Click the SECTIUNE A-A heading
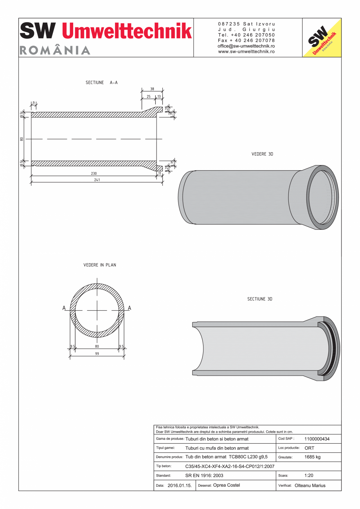click(x=102, y=83)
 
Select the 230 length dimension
click(x=94, y=173)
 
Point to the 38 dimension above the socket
click(x=152, y=89)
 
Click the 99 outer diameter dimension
click(x=97, y=354)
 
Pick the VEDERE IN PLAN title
click(x=100, y=265)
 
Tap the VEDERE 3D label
click(x=262, y=154)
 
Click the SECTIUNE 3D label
click(x=259, y=299)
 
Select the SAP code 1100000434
click(x=317, y=439)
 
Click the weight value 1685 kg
click(x=313, y=457)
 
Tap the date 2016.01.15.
click(x=179, y=486)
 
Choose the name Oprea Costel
click(x=227, y=485)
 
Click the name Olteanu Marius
click(x=310, y=486)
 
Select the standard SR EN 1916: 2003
click(x=204, y=476)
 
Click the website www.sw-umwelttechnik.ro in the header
click(x=246, y=51)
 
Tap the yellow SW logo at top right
click(x=322, y=38)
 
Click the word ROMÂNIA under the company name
click(x=55, y=50)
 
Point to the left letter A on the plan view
click(x=64, y=308)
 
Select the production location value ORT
click(x=309, y=448)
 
